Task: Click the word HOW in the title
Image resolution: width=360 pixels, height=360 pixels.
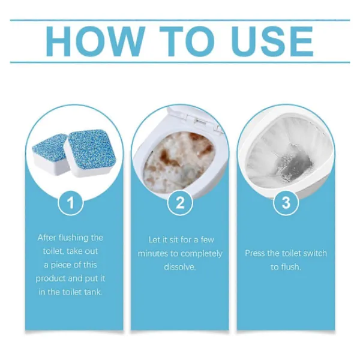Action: coord(95,41)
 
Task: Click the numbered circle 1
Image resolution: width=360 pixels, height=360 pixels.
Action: coord(70,203)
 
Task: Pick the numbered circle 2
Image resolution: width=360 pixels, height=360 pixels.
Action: coord(180,203)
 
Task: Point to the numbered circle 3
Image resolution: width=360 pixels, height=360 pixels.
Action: coord(286,203)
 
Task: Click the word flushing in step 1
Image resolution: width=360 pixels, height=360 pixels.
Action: coord(74,238)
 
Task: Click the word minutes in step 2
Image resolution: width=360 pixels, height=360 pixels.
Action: coord(153,254)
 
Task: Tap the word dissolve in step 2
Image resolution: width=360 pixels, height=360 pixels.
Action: coord(179,267)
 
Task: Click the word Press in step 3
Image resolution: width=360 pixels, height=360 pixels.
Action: coord(255,253)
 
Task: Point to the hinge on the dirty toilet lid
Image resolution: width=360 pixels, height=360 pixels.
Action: coord(199,121)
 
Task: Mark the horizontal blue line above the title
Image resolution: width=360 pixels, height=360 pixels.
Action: coord(180,20)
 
